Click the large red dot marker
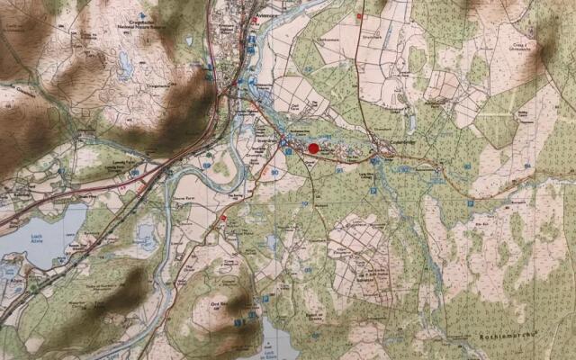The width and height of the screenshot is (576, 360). point(313,148)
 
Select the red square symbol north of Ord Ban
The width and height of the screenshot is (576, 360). point(224,218)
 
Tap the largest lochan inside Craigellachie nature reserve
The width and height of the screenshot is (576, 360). point(124,62)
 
